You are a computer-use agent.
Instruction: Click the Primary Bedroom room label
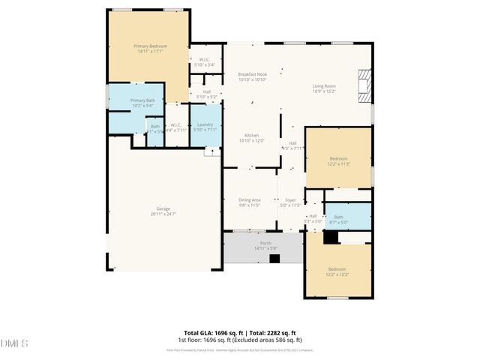click(150, 46)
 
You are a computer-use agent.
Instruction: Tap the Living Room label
click(324, 86)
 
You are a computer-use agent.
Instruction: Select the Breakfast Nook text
click(252, 74)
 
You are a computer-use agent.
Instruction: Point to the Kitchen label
click(251, 136)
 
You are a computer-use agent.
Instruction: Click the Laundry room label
click(205, 124)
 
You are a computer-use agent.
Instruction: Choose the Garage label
click(163, 208)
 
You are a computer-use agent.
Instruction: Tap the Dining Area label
click(249, 200)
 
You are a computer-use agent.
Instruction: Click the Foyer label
click(289, 200)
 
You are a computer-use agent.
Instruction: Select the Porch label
click(265, 243)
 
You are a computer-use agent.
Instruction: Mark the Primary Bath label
click(142, 100)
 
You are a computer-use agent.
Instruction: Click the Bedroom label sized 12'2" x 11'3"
click(338, 158)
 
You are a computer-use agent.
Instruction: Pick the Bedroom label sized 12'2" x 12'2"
click(337, 268)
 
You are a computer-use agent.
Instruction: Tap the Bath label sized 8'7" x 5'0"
click(338, 217)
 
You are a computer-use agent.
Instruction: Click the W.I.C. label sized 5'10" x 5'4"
click(204, 60)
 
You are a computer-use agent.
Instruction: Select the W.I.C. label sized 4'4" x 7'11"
click(175, 125)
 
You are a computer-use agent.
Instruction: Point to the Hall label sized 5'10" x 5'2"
click(206, 92)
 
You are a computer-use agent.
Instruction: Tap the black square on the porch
click(274, 258)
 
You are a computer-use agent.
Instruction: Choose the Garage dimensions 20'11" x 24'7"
click(163, 214)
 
